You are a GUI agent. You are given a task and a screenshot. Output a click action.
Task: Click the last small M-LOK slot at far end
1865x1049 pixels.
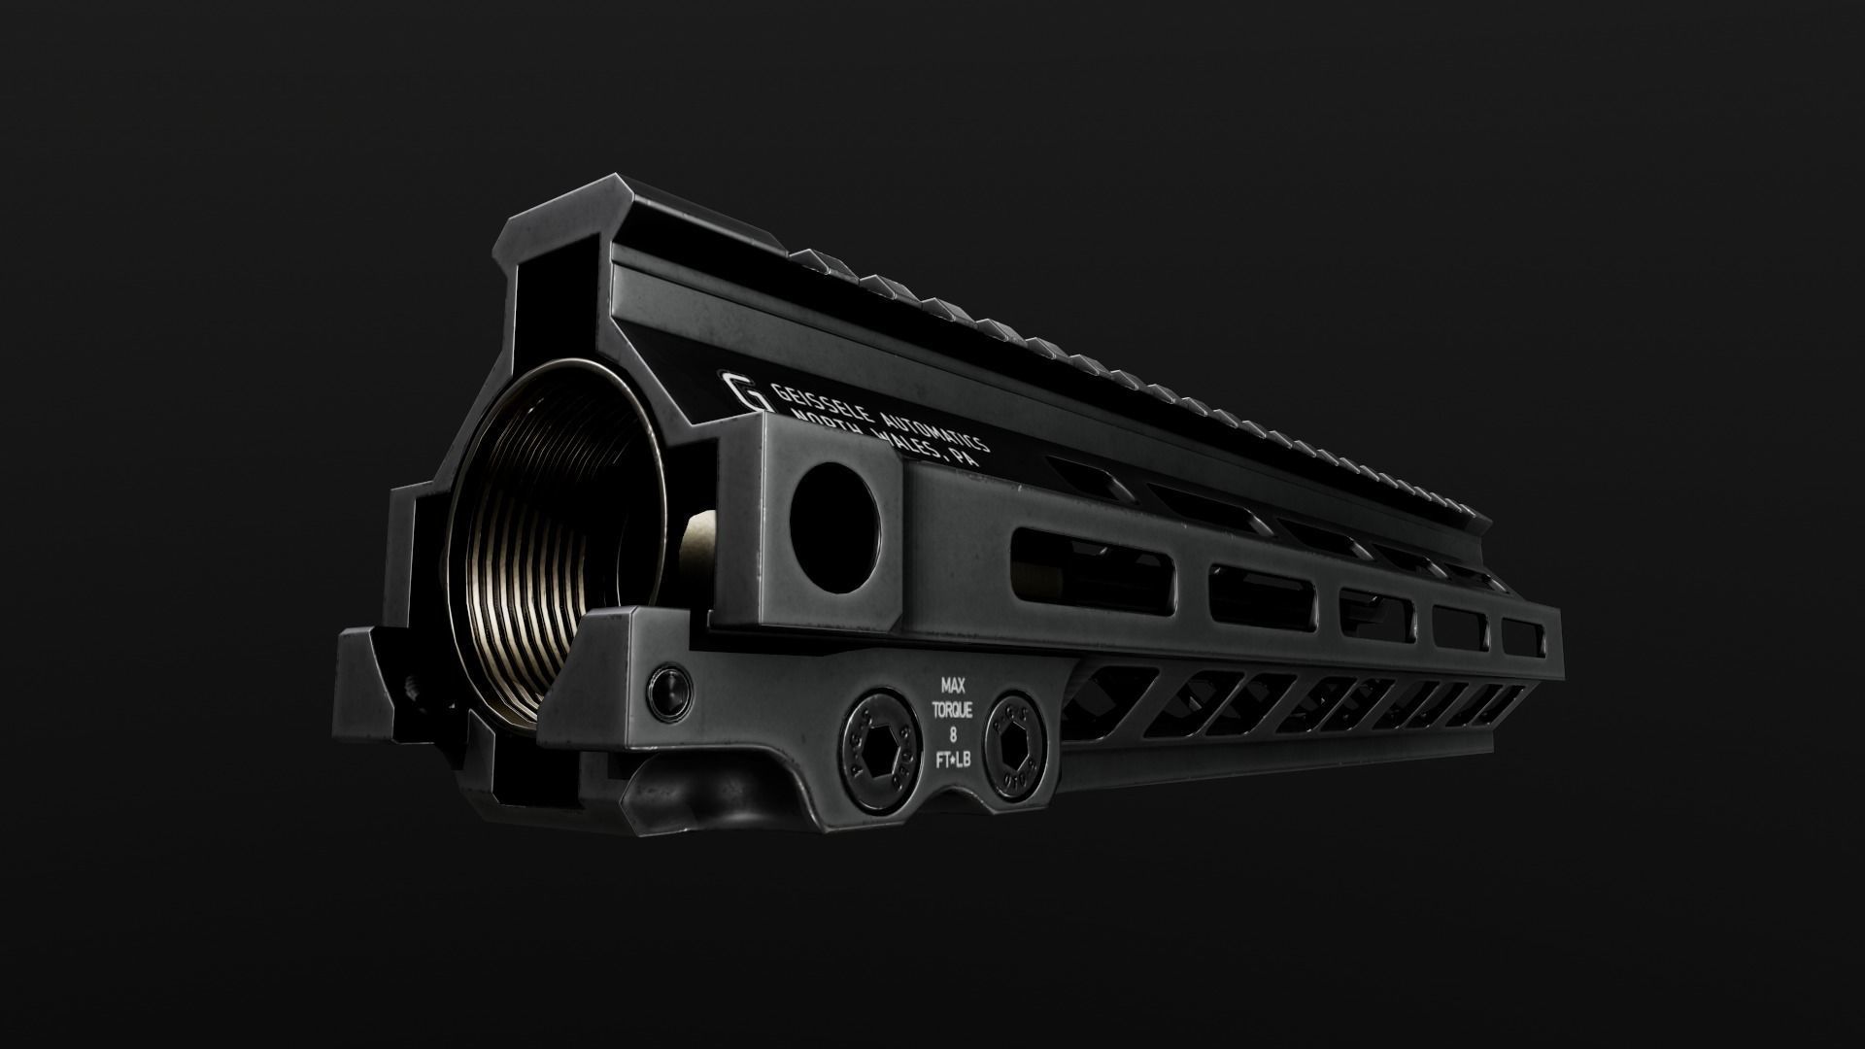tap(1522, 637)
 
